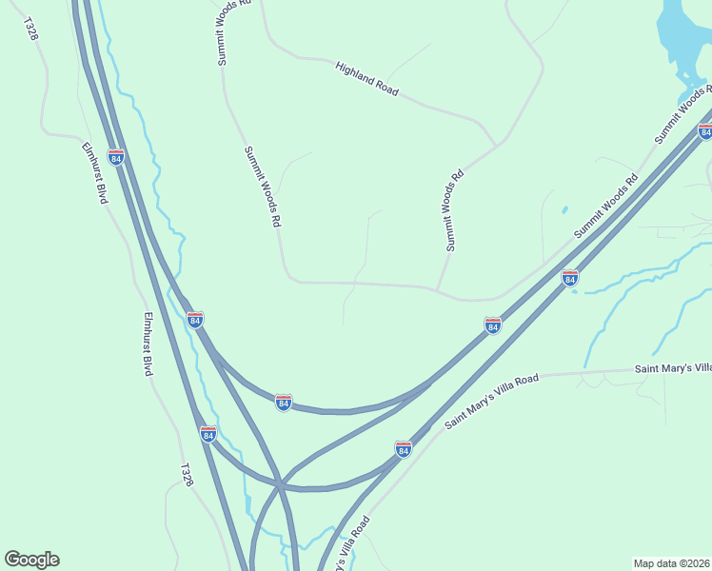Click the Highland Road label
[366, 78]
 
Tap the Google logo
[31, 560]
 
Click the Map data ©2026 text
[672, 563]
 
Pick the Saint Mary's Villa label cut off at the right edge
[673, 367]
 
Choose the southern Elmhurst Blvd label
[148, 344]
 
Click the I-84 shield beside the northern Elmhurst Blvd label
[116, 156]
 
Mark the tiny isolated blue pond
[564, 209]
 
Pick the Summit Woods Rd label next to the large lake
[684, 115]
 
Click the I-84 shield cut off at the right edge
[705, 131]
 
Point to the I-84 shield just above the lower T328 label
[208, 434]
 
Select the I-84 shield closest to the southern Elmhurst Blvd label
[194, 320]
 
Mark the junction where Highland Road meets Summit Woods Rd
[496, 145]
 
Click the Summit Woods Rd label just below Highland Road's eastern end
[455, 210]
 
